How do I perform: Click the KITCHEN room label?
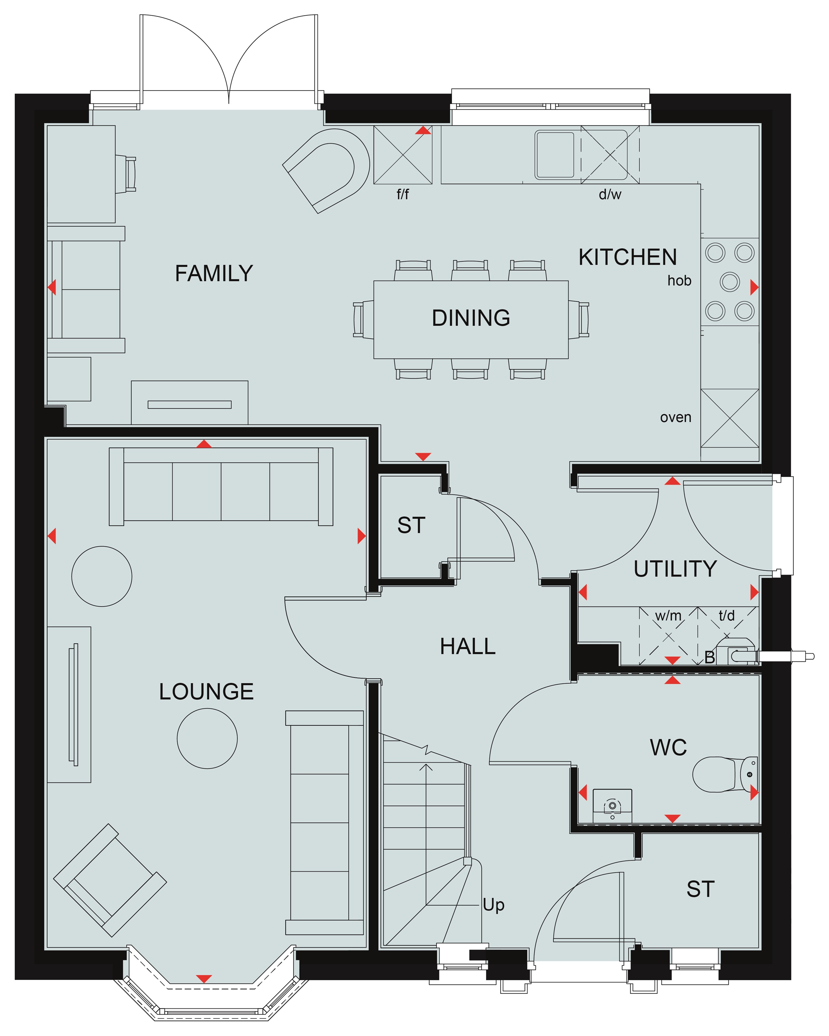coord(627,257)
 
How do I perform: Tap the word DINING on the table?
coord(471,318)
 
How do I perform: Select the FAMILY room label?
coord(214,274)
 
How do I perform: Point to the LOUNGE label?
coord(206,691)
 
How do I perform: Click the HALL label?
coord(468,646)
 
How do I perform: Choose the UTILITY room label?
coord(675,569)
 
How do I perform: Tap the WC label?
coord(668,748)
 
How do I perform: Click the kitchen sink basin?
coord(555,155)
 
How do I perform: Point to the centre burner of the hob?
coord(730,281)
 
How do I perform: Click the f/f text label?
coord(402,194)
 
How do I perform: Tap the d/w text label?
coord(610,194)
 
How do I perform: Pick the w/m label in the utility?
coord(668,616)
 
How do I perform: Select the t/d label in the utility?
coord(726,616)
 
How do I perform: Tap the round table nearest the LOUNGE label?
coord(207,738)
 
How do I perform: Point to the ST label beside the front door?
coord(700,890)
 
